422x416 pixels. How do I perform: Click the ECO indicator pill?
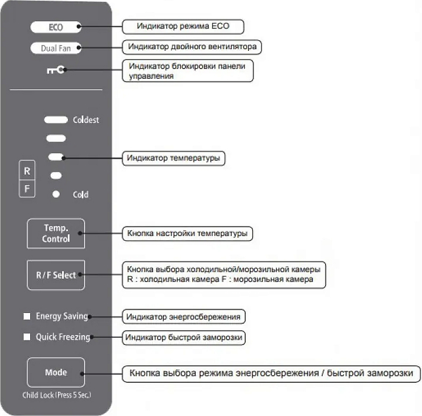coord(56,27)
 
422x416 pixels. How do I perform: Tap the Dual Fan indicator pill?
coord(56,48)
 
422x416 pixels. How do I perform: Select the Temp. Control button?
coord(56,233)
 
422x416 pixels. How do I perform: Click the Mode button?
coord(56,373)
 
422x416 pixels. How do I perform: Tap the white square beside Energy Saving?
coord(27,317)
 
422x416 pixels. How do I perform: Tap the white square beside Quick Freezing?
coord(27,337)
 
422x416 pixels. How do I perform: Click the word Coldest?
coord(86,120)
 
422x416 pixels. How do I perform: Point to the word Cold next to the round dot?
coord(80,194)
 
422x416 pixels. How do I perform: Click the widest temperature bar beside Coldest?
coord(56,120)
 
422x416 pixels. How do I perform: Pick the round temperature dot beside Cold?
coord(56,194)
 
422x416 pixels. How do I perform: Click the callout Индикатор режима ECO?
coord(183,27)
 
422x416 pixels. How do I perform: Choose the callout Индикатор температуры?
coord(174,159)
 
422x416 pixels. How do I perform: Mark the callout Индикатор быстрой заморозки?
coord(184,338)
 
